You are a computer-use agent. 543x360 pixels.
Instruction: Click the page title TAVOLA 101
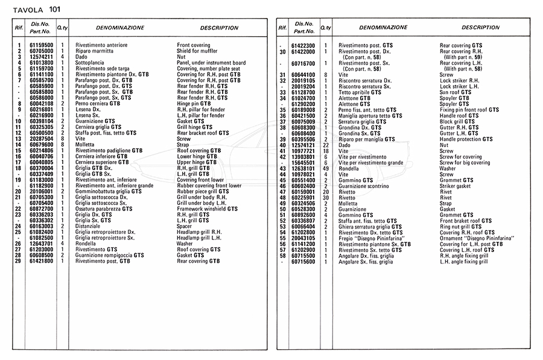[x=28, y=8]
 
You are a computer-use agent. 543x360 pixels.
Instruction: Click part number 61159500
[x=40, y=45]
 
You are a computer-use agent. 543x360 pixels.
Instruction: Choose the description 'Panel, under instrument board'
[x=211, y=63]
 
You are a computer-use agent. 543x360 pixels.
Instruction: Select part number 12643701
[x=40, y=243]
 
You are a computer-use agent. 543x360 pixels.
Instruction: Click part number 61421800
[x=40, y=261]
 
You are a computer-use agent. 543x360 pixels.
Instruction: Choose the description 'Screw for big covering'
[x=465, y=162]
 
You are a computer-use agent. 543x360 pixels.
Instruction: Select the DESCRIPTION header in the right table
[x=480, y=28]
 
